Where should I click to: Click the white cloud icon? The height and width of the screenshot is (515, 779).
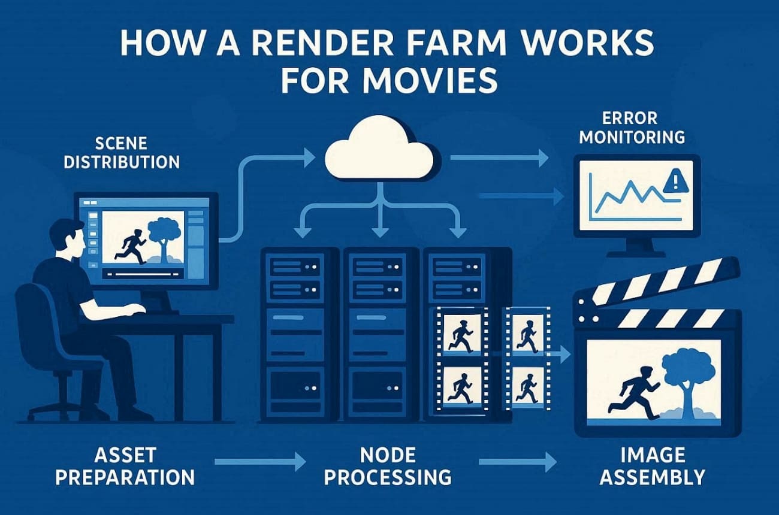[379, 150]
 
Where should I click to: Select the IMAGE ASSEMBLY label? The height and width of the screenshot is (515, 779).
[652, 467]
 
